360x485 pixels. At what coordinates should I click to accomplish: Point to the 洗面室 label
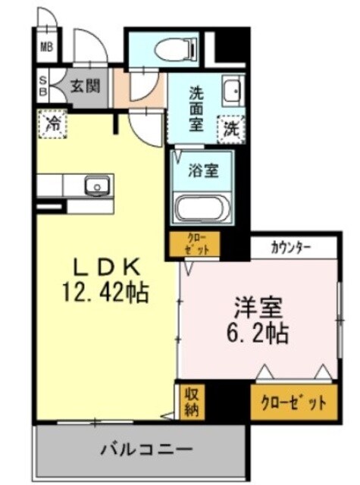click(x=196, y=108)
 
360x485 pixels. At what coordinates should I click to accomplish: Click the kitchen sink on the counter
click(x=97, y=185)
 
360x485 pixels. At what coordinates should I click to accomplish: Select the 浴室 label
click(x=204, y=170)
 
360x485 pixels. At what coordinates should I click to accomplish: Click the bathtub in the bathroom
click(x=202, y=208)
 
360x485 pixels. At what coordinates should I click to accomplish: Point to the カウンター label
click(x=293, y=247)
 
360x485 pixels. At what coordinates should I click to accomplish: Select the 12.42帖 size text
click(x=105, y=291)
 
